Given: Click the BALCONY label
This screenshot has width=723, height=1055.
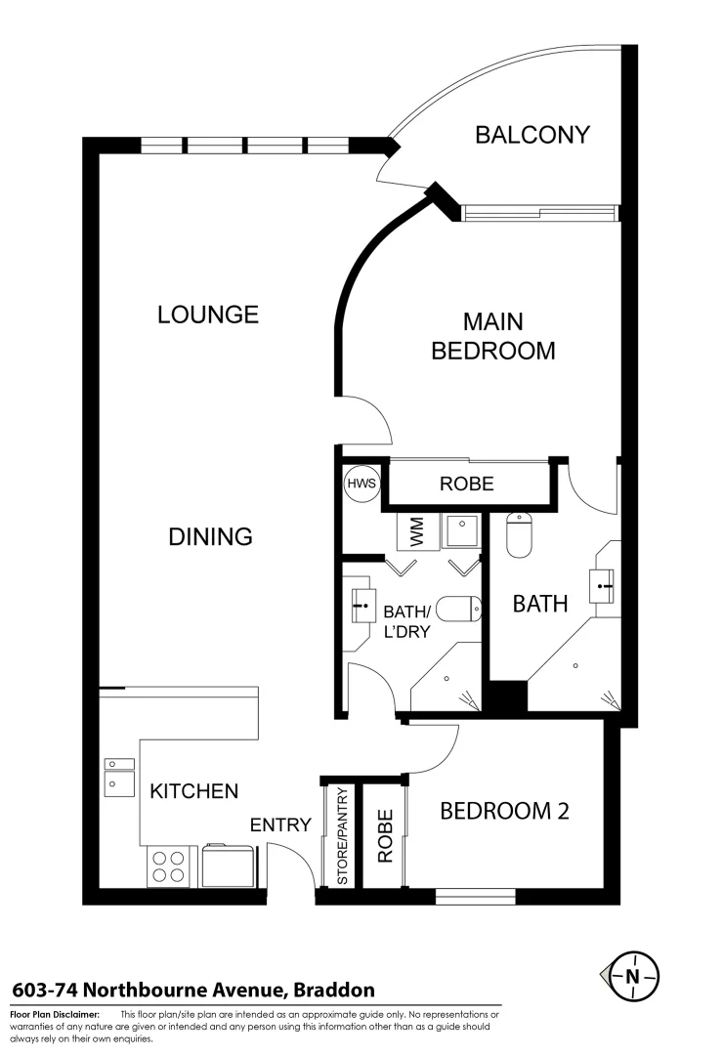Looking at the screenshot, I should click(532, 135).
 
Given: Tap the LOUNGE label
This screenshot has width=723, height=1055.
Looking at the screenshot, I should click(208, 315).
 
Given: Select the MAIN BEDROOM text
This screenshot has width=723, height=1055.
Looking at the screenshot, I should click(493, 335).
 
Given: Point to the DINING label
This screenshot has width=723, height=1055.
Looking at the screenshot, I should click(210, 536).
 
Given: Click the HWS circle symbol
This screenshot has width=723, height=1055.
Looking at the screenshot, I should click(359, 484).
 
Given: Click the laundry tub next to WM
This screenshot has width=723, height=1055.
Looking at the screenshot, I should click(458, 531).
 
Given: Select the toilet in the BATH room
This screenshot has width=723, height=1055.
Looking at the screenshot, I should click(519, 536).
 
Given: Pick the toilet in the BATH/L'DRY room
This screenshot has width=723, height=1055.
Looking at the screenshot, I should click(458, 610).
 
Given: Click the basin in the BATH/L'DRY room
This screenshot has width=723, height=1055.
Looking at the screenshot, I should click(362, 606).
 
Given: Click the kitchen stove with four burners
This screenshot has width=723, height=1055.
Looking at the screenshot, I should click(168, 865).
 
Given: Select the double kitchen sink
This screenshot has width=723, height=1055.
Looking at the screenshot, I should click(120, 777).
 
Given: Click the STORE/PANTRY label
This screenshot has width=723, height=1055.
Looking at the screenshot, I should click(342, 836).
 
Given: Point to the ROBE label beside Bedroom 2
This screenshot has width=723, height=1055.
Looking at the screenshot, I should click(385, 836).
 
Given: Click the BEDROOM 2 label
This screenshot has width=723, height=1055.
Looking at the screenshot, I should click(504, 811).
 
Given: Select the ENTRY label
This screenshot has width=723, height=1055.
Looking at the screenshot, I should click(280, 825).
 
